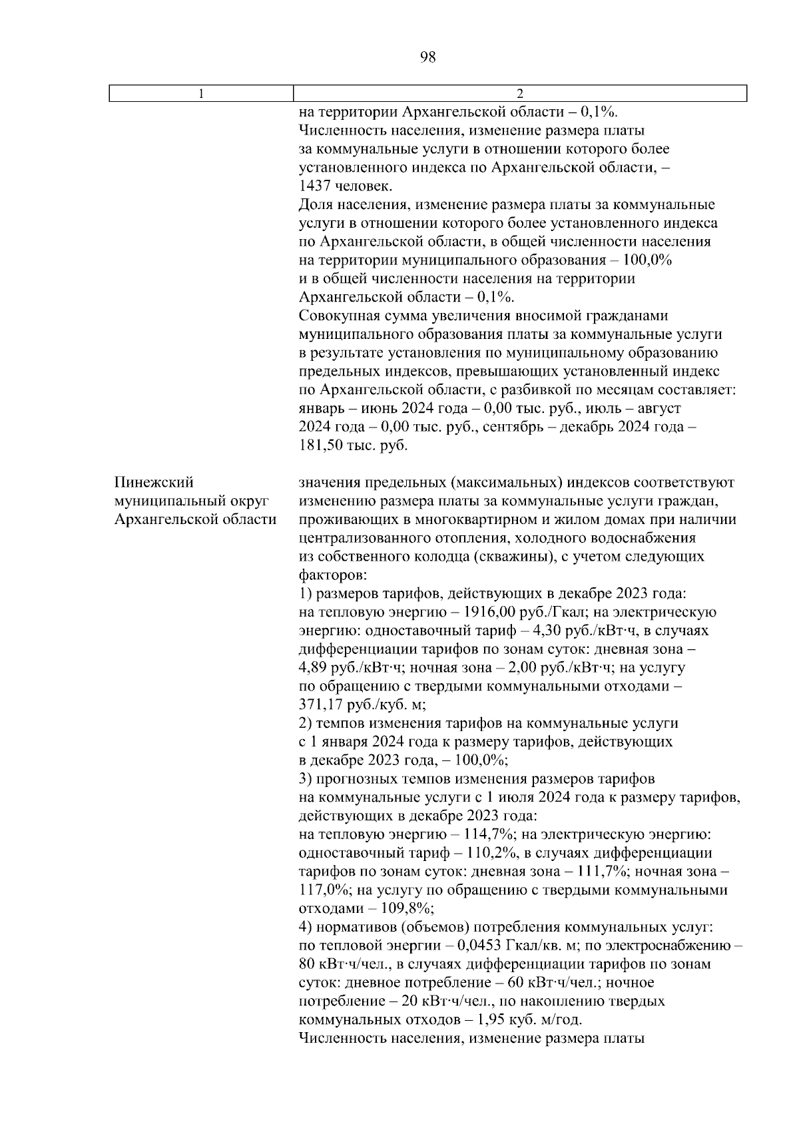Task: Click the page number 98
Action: [428, 57]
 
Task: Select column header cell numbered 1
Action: [201, 94]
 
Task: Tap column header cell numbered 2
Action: [520, 94]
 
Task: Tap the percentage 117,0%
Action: [321, 890]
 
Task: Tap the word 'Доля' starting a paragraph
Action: [316, 205]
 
